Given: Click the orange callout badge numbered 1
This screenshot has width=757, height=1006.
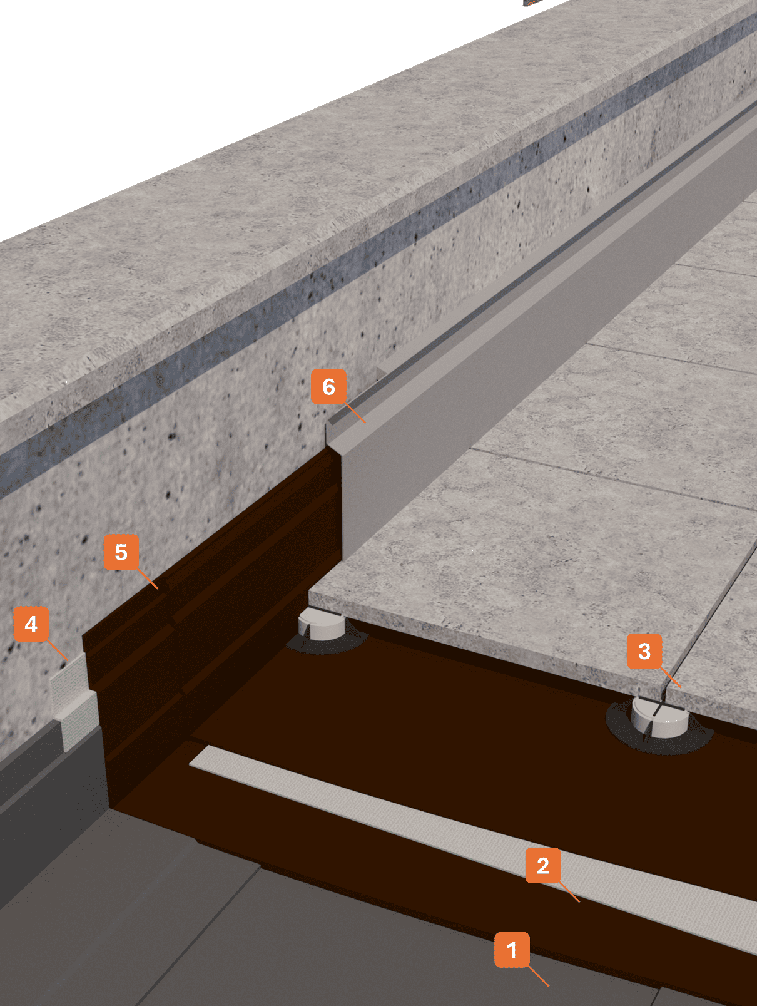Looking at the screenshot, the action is coord(512,950).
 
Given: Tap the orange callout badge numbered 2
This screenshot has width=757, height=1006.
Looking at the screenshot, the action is coord(542,865).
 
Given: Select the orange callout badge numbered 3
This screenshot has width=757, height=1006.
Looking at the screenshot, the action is coord(644,651).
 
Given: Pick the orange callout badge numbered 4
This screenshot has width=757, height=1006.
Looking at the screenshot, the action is coord(31,624).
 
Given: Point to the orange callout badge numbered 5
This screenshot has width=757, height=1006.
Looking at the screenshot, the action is coord(121,552).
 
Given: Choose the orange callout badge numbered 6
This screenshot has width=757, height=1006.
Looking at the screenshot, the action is coord(328,386).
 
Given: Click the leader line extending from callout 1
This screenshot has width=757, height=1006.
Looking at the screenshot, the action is coord(538,976).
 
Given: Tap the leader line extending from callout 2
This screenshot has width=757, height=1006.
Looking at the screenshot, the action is coord(569,892).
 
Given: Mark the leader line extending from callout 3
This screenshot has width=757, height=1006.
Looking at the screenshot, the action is coord(671,677).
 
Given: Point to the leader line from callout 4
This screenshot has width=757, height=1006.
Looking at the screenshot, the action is coord(58,650).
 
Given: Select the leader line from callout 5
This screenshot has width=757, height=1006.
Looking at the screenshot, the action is coord(148,578).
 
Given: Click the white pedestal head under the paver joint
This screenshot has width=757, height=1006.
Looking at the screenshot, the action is coord(659,717).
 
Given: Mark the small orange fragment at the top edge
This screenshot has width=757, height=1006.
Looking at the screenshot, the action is coord(531,3).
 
